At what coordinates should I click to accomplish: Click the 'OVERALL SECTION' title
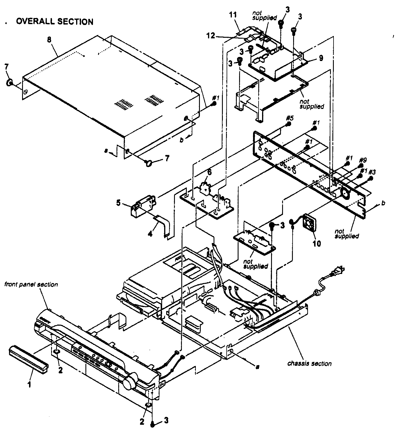click(55, 22)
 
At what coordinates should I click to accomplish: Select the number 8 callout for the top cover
click(49, 40)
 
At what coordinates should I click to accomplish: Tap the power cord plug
click(337, 272)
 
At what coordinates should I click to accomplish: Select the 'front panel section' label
click(31, 284)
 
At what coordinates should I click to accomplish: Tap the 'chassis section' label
click(309, 363)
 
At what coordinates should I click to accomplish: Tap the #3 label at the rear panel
click(372, 172)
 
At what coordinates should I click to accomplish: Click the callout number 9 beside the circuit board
click(321, 58)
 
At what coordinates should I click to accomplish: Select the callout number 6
click(209, 172)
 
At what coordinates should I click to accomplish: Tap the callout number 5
click(118, 202)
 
